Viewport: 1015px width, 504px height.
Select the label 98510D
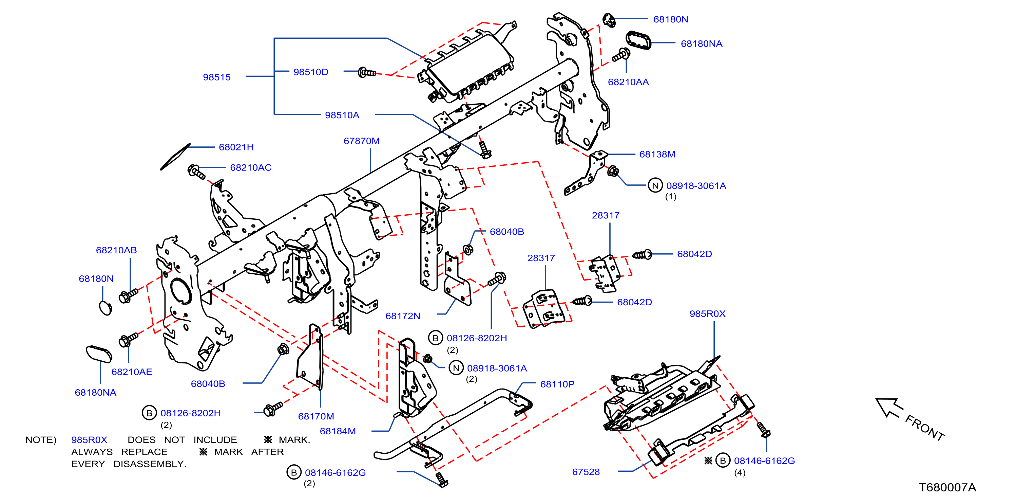pos(310,72)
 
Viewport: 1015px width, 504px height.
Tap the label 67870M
pos(361,141)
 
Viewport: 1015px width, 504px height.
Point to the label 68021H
pos(236,147)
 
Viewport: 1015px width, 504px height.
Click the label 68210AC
pos(251,168)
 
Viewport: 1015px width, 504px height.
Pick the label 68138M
pos(657,154)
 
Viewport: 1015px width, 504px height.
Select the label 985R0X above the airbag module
pos(707,313)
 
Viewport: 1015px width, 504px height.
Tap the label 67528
pos(586,472)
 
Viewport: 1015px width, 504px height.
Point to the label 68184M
pos(338,431)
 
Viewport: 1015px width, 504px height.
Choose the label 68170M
pos(316,416)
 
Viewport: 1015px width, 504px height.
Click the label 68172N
pos(403,316)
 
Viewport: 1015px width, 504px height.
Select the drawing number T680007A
pos(947,487)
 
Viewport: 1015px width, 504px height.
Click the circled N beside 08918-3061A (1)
pos(655,185)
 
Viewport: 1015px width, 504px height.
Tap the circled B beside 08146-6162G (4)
pos(723,460)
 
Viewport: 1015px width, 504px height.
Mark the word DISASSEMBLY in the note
pos(149,464)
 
